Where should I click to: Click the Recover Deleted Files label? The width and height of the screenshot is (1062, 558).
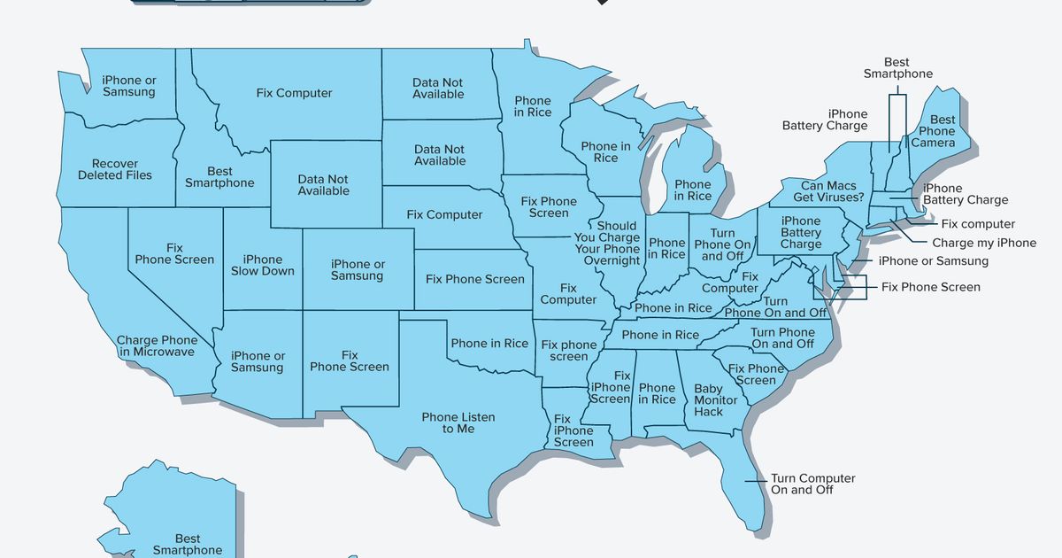click(114, 169)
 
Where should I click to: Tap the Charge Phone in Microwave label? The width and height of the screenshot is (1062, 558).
click(157, 345)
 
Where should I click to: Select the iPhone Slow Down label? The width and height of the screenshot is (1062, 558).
click(263, 266)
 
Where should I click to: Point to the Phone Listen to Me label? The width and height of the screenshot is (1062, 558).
click(458, 423)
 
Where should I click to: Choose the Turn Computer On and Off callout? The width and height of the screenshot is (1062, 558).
click(812, 484)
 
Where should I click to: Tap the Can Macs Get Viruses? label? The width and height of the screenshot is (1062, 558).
click(818, 191)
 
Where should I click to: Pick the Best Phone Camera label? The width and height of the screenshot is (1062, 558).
click(937, 131)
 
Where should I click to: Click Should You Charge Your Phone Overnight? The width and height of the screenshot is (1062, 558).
click(606, 243)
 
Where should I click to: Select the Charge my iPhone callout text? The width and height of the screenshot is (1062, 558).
click(984, 243)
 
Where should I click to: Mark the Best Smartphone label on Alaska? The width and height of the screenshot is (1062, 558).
click(188, 544)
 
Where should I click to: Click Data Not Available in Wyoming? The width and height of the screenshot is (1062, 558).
click(324, 185)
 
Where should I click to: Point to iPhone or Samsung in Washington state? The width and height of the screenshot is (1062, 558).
click(128, 86)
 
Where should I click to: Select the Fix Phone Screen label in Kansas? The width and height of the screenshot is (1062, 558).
click(475, 279)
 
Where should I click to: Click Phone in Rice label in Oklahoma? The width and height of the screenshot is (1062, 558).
click(489, 344)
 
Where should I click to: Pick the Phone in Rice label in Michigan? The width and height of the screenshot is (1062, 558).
click(693, 190)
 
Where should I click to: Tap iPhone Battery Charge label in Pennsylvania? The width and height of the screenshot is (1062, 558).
click(801, 232)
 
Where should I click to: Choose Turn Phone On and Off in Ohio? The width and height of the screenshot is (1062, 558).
click(722, 245)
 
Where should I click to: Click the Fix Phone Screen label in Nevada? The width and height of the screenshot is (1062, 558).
click(174, 254)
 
